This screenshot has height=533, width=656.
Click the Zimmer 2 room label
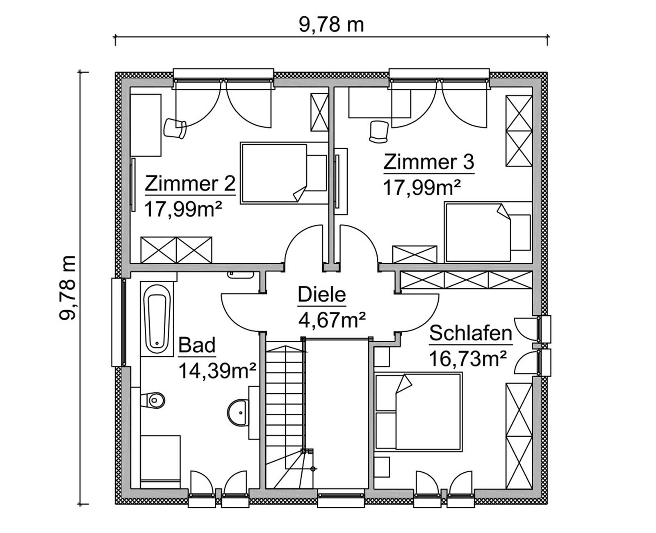190,184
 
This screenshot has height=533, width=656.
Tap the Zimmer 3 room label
429,162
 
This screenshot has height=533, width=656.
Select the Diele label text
322,295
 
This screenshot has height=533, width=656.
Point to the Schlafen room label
471,333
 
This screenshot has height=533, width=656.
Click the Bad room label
197,345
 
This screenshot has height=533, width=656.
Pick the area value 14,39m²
217,371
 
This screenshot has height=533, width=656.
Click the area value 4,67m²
332,319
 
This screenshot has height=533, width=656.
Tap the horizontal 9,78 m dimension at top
331,25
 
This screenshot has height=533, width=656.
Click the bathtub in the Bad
157,318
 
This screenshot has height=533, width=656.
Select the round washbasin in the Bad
237,412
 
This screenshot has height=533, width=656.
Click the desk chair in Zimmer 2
175,128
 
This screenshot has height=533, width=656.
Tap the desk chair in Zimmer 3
379,132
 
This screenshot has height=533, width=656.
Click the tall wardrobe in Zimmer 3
519,131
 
